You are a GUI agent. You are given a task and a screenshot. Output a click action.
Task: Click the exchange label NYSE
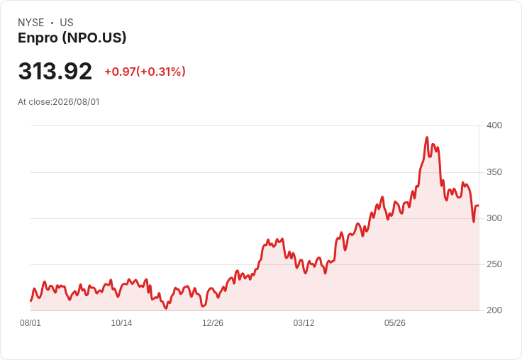tap(31, 23)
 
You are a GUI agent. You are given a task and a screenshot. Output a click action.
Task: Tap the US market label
tap(67, 23)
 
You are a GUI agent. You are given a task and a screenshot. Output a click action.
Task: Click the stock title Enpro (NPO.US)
tap(72, 38)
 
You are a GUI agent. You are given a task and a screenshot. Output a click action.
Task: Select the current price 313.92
tap(55, 71)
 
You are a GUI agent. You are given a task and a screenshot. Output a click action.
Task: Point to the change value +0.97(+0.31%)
tap(145, 72)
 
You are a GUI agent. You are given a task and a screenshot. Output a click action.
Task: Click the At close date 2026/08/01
tap(76, 102)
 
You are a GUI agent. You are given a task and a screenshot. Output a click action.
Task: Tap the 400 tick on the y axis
tap(494, 125)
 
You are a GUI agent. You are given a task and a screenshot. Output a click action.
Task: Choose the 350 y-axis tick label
tap(494, 172)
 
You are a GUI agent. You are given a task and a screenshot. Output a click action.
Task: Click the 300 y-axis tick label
tap(494, 218)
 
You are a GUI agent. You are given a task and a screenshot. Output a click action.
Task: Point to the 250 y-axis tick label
tap(494, 264)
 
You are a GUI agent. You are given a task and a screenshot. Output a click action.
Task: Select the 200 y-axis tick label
tap(494, 310)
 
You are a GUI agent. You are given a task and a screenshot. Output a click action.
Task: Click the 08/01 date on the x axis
tap(30, 323)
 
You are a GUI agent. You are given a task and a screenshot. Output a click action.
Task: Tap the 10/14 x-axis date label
tap(121, 323)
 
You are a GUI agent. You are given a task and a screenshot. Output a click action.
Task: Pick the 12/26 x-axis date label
tap(213, 323)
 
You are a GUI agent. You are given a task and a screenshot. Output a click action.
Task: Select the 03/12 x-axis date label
tap(304, 323)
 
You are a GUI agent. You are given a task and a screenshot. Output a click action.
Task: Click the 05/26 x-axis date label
tap(395, 323)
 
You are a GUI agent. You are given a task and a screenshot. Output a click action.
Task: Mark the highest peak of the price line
tap(427, 137)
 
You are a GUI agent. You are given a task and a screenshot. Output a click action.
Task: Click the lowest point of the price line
tap(166, 308)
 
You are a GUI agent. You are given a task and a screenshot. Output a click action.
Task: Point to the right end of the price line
tap(479, 206)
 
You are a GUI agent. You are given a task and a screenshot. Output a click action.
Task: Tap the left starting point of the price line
tap(31, 300)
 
